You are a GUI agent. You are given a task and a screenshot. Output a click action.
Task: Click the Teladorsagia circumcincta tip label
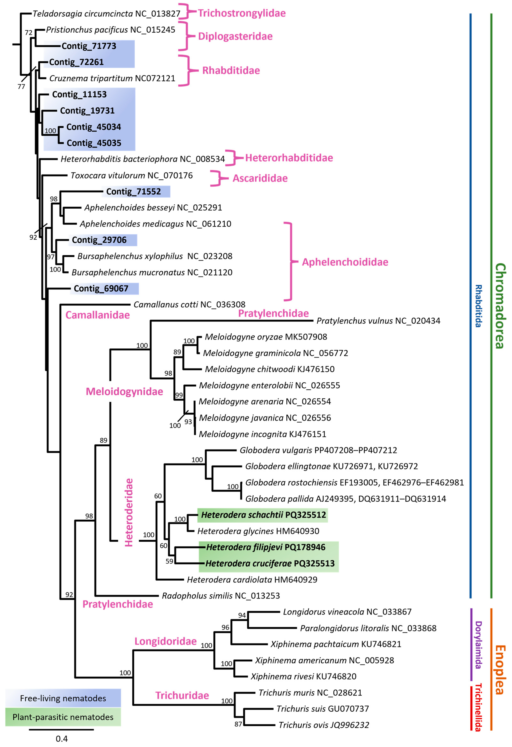tap(106, 13)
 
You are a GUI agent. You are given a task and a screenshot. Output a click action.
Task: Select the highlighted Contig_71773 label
tap(89, 46)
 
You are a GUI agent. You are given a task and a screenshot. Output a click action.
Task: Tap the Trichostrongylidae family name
tap(241, 13)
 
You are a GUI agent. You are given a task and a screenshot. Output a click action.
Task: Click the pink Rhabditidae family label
tap(231, 70)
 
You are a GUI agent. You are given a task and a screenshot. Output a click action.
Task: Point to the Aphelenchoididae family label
tap(345, 262)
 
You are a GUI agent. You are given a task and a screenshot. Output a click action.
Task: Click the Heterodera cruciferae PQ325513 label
tap(270, 563)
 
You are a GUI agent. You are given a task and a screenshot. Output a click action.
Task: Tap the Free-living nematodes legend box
tap(63, 698)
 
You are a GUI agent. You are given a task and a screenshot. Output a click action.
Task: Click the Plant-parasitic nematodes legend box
tap(63, 717)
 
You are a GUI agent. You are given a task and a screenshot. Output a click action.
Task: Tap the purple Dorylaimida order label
tap(478, 644)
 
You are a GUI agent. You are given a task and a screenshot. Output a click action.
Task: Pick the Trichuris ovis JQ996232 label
tap(323, 725)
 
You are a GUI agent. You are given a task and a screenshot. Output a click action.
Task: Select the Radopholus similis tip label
tap(221, 596)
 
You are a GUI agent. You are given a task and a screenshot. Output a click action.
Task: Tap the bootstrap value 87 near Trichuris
tap(238, 724)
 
